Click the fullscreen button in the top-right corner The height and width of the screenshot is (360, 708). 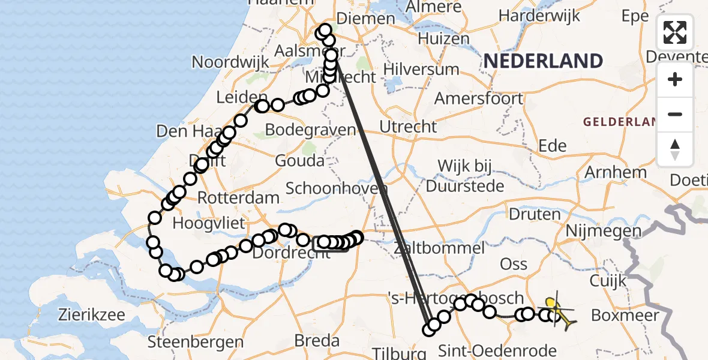pos(675,32)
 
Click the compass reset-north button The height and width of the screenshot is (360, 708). pos(675,149)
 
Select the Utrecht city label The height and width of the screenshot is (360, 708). pos(409,127)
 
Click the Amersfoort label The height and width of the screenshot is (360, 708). pos(473,98)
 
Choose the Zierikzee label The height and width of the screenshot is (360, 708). pos(92,314)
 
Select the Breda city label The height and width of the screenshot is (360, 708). pos(317,341)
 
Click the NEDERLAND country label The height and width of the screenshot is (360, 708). pos(543,61)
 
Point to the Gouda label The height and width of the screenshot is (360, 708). pos(299,161)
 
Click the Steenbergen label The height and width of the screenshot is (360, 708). pos(196,343)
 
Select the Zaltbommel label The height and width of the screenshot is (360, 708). pos(439,248)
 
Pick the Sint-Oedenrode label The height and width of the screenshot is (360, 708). pos(497,350)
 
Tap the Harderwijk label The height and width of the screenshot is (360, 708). pos(548,15)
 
